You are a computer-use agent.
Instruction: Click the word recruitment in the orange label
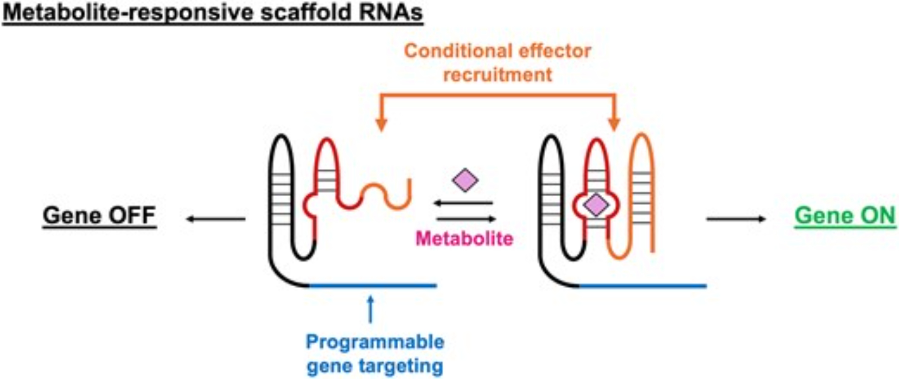[x=498, y=75]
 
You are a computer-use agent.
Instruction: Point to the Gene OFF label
[x=99, y=215]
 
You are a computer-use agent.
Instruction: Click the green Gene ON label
[x=845, y=215]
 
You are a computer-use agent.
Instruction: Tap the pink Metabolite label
[x=464, y=238]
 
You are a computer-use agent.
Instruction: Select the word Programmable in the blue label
[x=375, y=342]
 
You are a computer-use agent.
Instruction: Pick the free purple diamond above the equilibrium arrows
[x=465, y=180]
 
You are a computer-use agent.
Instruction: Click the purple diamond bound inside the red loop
[x=596, y=205]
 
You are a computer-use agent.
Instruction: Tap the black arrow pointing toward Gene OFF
[x=216, y=219]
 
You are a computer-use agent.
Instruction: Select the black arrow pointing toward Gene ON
[x=736, y=219]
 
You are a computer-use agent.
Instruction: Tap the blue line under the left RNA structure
[x=373, y=285]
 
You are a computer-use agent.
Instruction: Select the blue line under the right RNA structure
[x=643, y=285]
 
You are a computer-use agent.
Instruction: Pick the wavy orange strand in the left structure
[x=387, y=196]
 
